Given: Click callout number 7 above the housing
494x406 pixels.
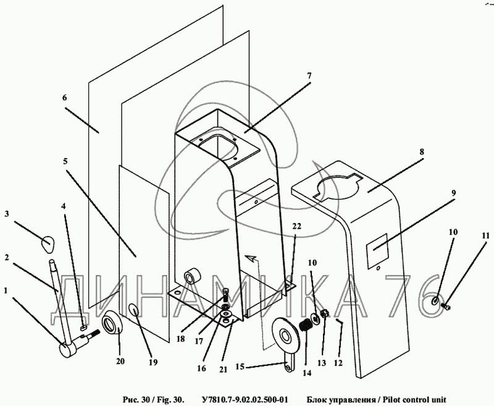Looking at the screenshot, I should (x=309, y=76).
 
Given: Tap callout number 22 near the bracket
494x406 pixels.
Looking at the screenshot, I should (x=296, y=227).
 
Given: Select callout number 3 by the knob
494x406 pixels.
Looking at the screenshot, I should (x=7, y=214).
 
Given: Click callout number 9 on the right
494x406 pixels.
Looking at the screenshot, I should (x=453, y=193).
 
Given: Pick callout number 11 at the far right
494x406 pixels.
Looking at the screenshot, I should (x=485, y=235).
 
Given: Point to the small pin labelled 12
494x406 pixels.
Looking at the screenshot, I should (x=340, y=321).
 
